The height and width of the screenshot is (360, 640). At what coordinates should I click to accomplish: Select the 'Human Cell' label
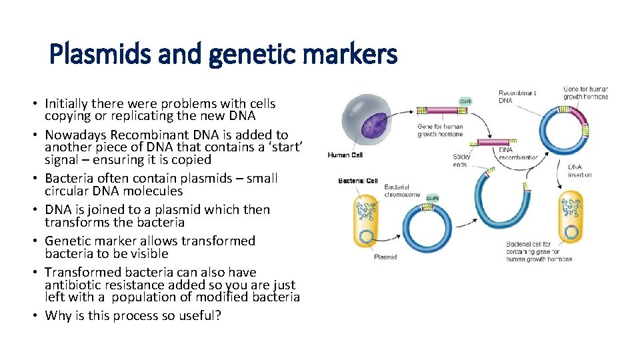tap(345, 155)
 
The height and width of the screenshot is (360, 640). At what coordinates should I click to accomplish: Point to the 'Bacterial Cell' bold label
tap(358, 181)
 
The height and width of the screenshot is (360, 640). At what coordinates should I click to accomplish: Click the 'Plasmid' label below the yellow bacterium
tap(385, 256)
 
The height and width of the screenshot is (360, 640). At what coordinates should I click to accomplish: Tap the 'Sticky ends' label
tap(461, 161)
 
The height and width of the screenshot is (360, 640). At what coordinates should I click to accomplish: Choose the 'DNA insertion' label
tap(579, 171)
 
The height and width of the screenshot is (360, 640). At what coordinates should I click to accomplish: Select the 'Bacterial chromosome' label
tap(402, 191)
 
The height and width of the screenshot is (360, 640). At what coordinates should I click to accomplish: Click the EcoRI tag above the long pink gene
tap(464, 101)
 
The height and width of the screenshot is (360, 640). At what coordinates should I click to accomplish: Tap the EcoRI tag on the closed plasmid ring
tap(432, 198)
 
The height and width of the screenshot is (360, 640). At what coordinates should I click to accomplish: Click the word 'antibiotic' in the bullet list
tap(73, 285)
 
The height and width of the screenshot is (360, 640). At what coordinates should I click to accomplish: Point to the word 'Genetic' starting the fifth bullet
tap(67, 241)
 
